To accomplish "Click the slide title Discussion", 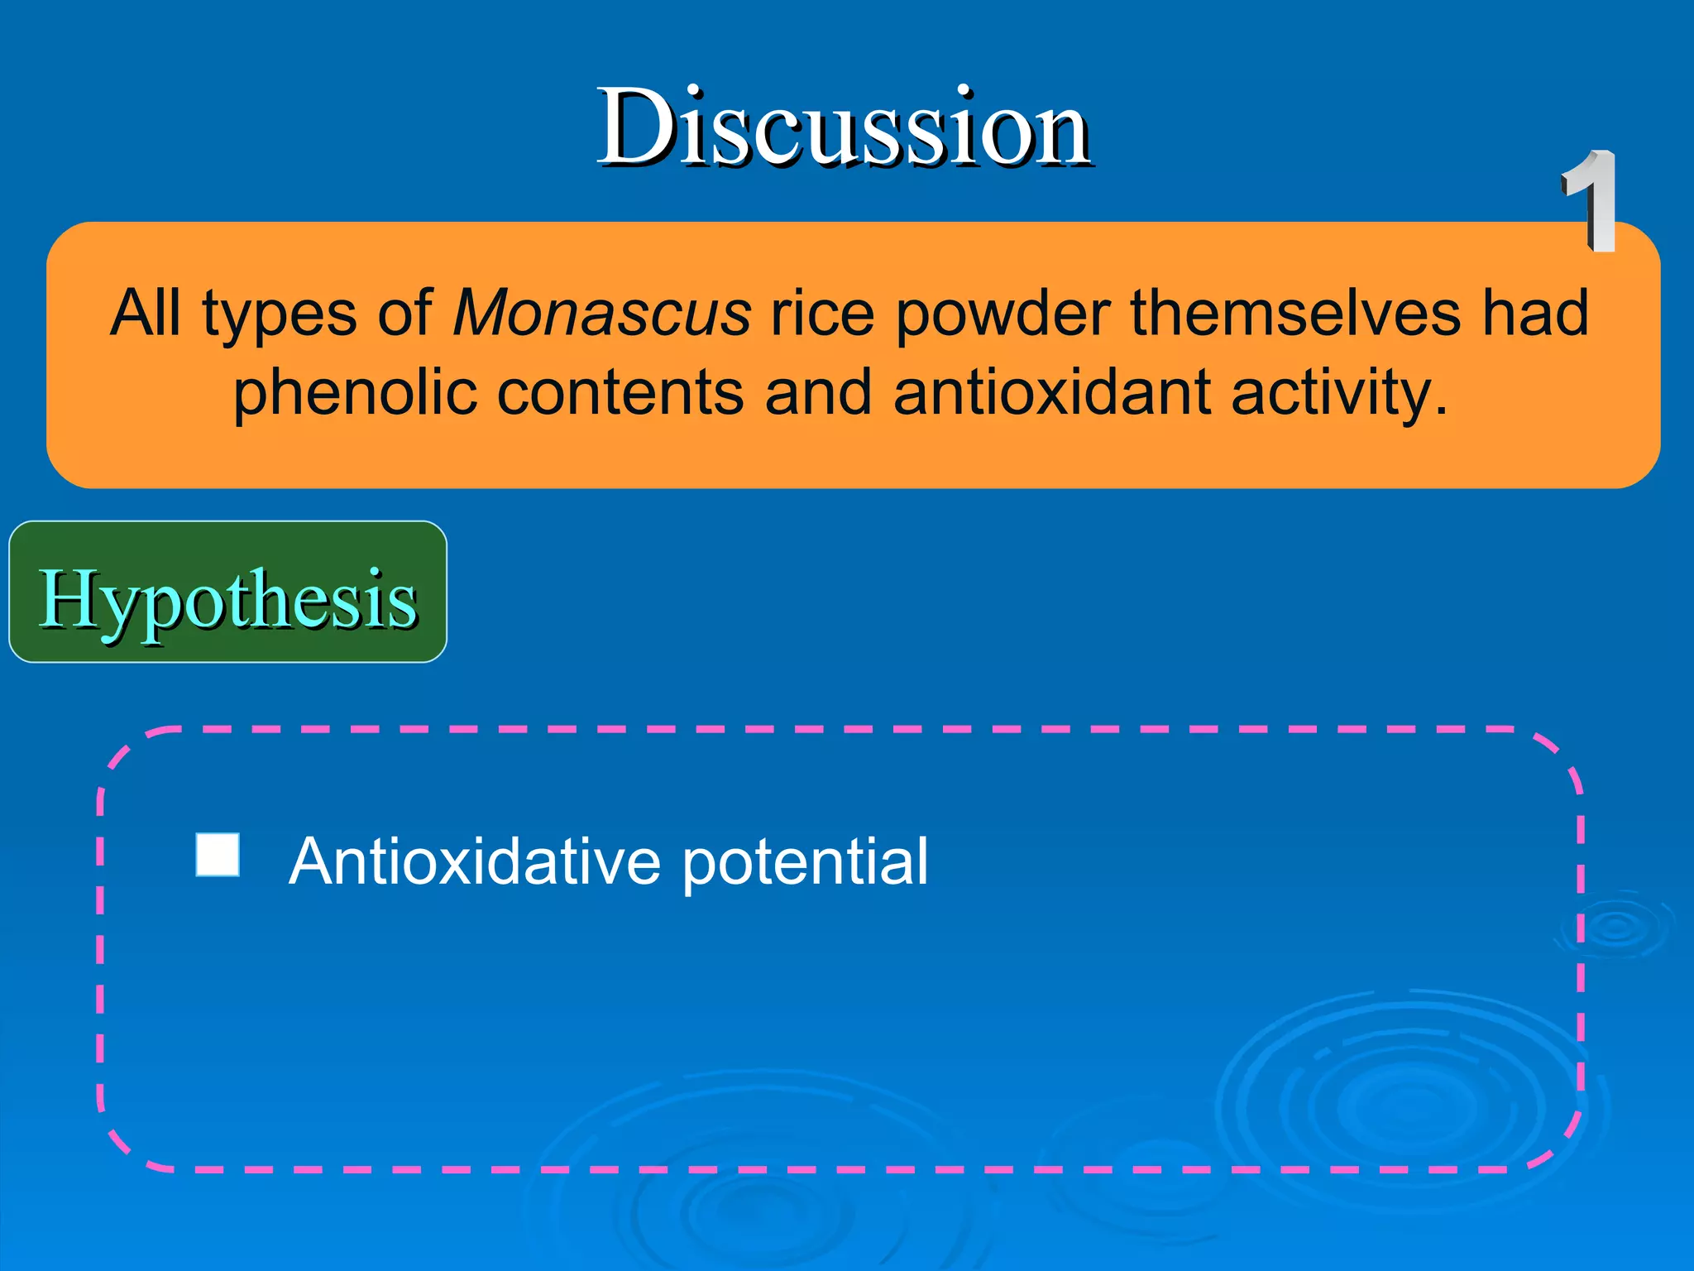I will tap(844, 128).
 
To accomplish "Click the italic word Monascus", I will tap(601, 314).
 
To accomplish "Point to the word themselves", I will tap(1295, 314).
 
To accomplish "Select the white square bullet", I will tap(218, 855).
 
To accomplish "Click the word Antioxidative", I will tap(475, 861).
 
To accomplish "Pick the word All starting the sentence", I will tap(146, 314).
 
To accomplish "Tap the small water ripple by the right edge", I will tap(1615, 927).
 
